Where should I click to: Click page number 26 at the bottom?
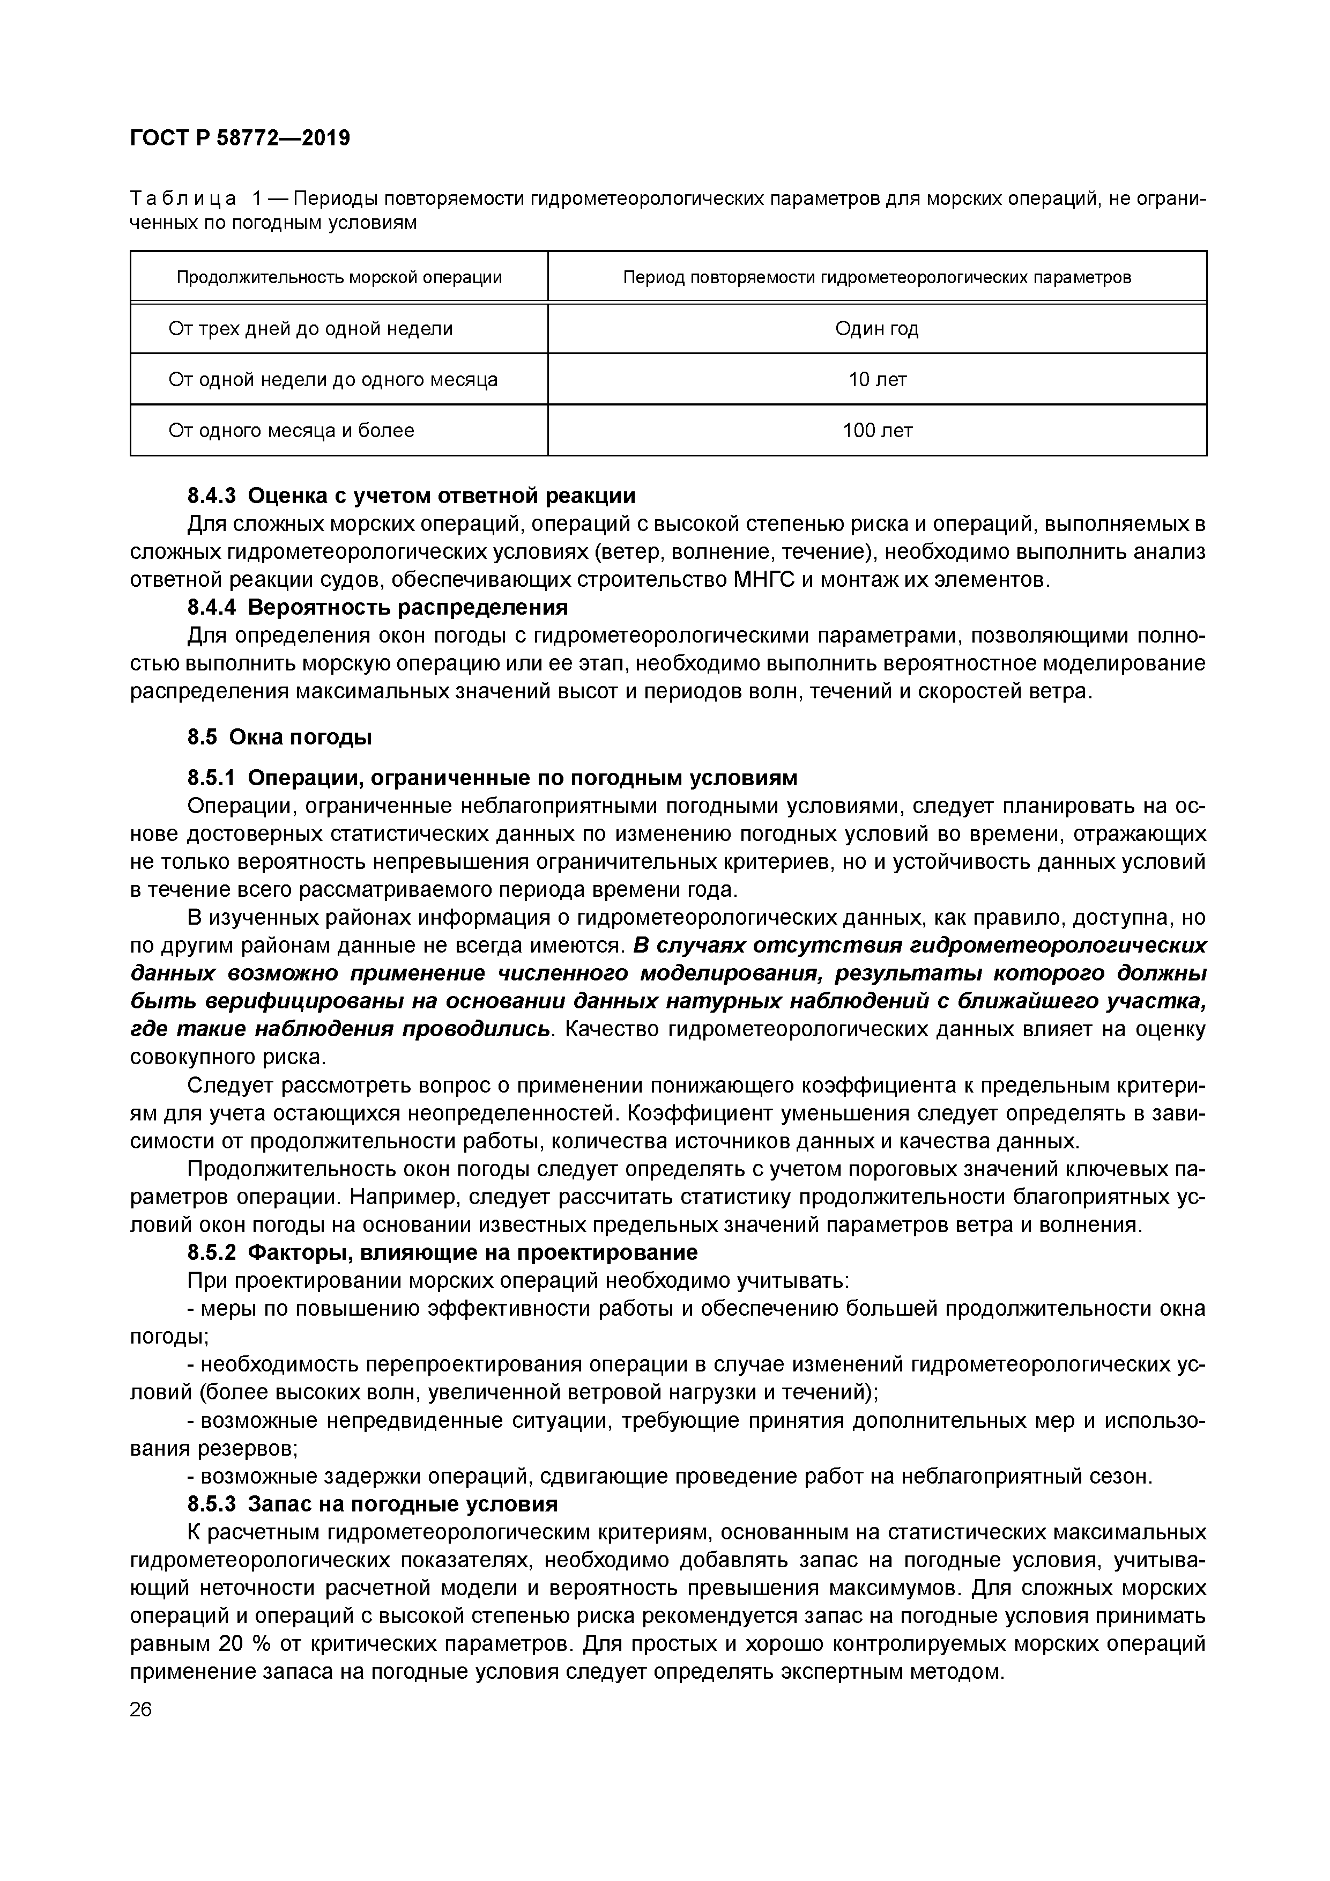pos(141,1710)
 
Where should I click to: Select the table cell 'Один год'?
pos(876,329)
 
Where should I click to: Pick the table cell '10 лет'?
pos(876,379)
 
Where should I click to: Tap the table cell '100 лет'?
pos(876,430)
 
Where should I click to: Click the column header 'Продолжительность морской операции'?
pos(339,278)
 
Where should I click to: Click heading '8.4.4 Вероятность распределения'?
pos(377,608)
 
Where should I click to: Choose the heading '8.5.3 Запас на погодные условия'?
pos(373,1504)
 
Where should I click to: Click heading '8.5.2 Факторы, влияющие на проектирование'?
pos(442,1252)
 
